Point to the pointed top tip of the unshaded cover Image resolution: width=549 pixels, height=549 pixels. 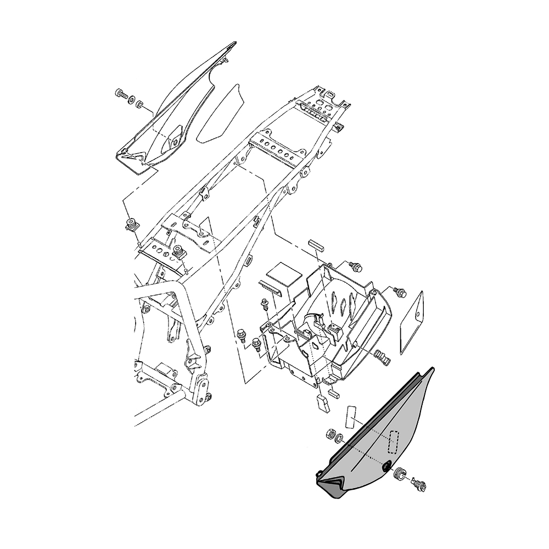point(234,42)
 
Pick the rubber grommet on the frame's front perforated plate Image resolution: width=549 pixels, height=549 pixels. point(178,252)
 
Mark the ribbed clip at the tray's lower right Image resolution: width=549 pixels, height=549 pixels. point(382,357)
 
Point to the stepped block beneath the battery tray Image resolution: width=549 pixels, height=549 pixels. point(322,401)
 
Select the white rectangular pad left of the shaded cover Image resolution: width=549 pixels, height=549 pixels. point(351,418)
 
